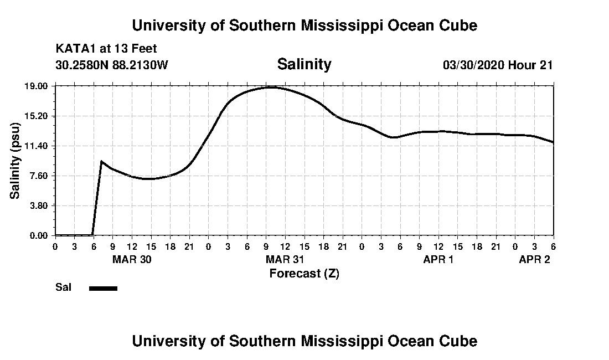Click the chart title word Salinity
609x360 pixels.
304,64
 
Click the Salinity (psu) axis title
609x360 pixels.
16,161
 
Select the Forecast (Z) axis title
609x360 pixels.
304,273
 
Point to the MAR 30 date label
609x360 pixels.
132,260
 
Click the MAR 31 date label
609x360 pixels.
285,260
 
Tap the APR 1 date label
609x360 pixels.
438,260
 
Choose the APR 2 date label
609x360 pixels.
534,260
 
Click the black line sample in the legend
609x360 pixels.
103,288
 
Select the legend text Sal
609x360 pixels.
63,287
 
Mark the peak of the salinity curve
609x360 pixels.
271,87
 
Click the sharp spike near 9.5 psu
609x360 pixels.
101,161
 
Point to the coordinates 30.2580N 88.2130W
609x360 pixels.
111,65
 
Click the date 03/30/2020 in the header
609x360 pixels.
473,65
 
